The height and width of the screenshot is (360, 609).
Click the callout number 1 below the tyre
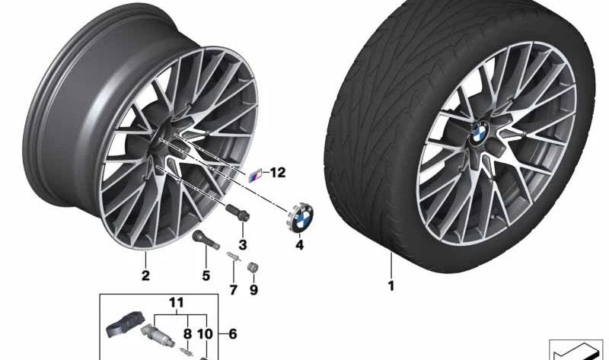391,286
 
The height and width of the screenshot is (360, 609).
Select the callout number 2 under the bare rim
145,276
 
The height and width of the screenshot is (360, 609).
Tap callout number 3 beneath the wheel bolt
243,245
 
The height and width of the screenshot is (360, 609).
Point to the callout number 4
299,245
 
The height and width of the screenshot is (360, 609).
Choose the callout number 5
205,276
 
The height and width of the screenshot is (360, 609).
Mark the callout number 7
234,289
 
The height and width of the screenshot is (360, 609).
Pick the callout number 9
254,289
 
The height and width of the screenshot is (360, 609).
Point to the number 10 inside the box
205,333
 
